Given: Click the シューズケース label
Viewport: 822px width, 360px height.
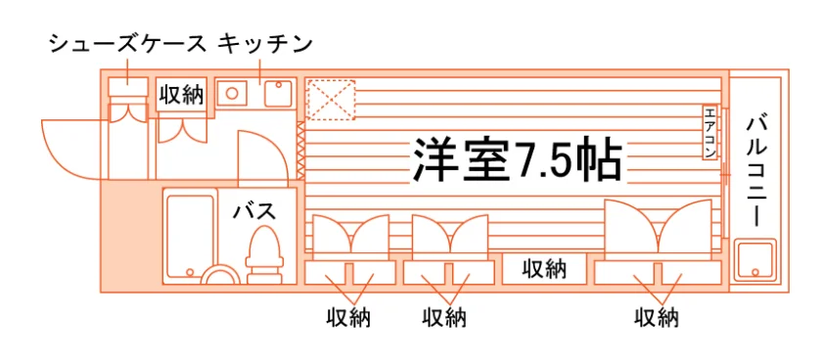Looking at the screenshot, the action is [128, 45].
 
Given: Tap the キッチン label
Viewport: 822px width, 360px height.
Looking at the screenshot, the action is [265, 45].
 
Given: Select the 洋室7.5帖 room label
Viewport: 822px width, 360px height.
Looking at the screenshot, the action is [518, 159].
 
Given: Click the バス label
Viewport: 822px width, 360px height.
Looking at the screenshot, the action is [254, 211].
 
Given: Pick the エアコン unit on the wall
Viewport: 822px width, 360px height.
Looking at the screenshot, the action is [709, 133].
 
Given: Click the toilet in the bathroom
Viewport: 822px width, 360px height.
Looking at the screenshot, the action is [264, 254].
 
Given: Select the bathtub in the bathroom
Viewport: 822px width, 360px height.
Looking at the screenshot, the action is [190, 236].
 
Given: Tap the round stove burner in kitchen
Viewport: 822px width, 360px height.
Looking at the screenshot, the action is [232, 93].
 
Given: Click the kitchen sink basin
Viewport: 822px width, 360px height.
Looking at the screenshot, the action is [278, 93].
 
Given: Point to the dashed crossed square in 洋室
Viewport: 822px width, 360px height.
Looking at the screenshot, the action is [331, 100].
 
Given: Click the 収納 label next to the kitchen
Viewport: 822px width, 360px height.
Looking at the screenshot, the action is [181, 95].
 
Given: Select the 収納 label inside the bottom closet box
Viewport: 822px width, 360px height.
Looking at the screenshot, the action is [544, 269].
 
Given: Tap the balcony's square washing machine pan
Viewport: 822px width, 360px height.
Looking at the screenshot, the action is [754, 260].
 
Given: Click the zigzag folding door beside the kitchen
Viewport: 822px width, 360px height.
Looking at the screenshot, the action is [300, 151].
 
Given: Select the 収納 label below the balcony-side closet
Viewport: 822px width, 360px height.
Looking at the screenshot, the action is [657, 318].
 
